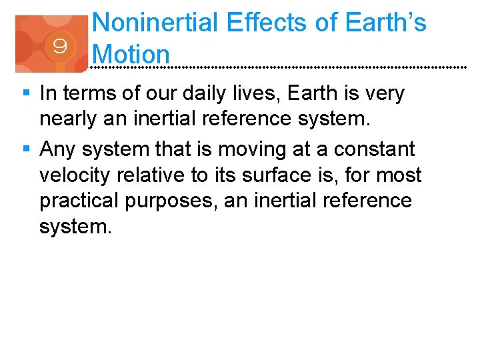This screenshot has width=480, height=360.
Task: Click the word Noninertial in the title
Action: point(155,23)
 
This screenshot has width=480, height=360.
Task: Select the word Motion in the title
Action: point(132,53)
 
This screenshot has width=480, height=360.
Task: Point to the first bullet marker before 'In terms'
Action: point(26,94)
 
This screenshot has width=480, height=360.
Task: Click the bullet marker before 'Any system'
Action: point(26,149)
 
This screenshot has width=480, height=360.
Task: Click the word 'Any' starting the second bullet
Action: point(58,149)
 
